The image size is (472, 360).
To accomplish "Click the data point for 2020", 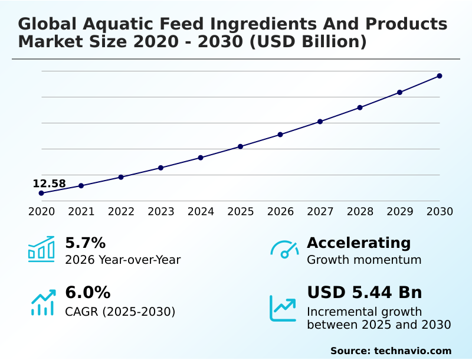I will point(41,193).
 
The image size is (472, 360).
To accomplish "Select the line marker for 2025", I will point(240,146).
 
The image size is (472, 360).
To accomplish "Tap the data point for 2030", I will point(440,76).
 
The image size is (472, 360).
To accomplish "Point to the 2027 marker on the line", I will point(320,122).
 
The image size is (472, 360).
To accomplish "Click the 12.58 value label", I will point(49,184).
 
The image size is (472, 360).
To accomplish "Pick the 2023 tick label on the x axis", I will point(161,211).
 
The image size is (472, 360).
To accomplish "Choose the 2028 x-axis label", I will point(360,211).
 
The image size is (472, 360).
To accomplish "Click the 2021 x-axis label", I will point(81,211).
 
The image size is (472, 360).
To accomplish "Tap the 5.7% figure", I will point(85,243).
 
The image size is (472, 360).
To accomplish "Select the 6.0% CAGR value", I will point(87,293).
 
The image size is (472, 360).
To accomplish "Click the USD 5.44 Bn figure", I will point(364,293).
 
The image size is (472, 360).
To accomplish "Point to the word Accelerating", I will point(359,243).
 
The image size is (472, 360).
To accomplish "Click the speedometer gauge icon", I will point(284,250).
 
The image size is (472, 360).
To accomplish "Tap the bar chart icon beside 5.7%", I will point(41,249).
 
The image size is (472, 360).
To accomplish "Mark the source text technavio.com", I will point(412,351).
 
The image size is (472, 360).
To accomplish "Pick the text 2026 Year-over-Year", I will point(123,260).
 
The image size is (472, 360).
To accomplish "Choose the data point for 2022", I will point(121,177).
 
